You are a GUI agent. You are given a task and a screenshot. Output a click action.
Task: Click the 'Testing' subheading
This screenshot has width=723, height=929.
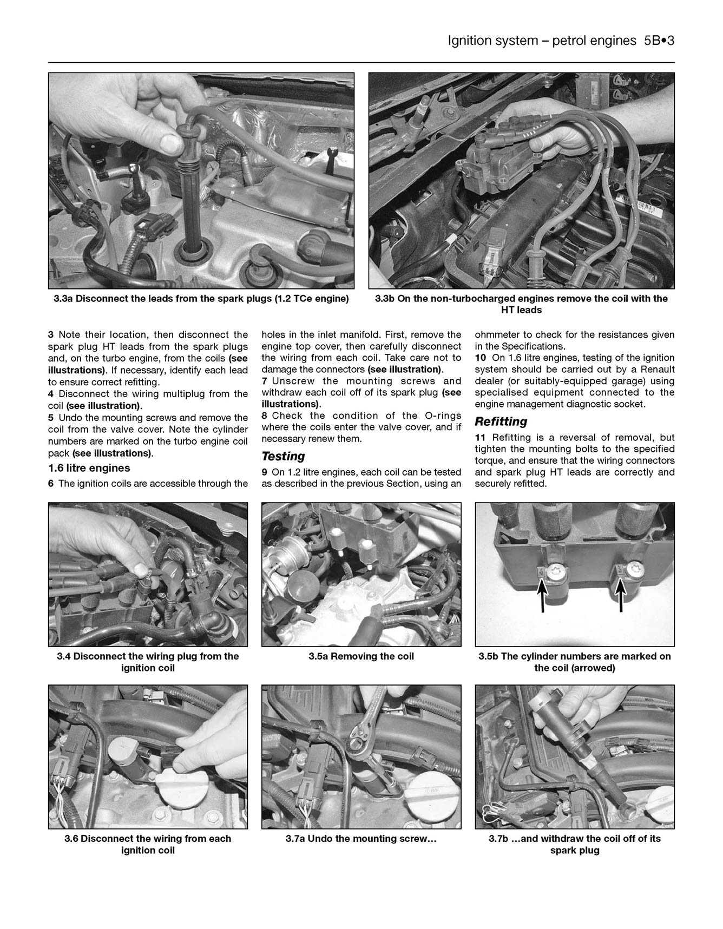(283, 456)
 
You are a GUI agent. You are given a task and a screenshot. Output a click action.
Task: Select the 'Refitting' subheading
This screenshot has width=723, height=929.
(501, 421)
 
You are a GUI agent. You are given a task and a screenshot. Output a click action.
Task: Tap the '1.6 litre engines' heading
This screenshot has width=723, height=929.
(89, 468)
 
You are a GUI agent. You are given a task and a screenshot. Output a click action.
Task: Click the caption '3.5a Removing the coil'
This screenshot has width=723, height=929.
(361, 656)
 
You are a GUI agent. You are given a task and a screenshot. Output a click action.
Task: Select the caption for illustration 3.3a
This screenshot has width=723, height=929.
(201, 299)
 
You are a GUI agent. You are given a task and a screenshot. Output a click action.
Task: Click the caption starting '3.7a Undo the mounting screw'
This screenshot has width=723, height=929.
(361, 839)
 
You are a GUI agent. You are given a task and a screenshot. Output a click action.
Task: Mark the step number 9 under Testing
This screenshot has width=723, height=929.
(265, 472)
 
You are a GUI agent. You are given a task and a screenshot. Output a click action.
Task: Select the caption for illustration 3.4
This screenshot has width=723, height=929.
(148, 662)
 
